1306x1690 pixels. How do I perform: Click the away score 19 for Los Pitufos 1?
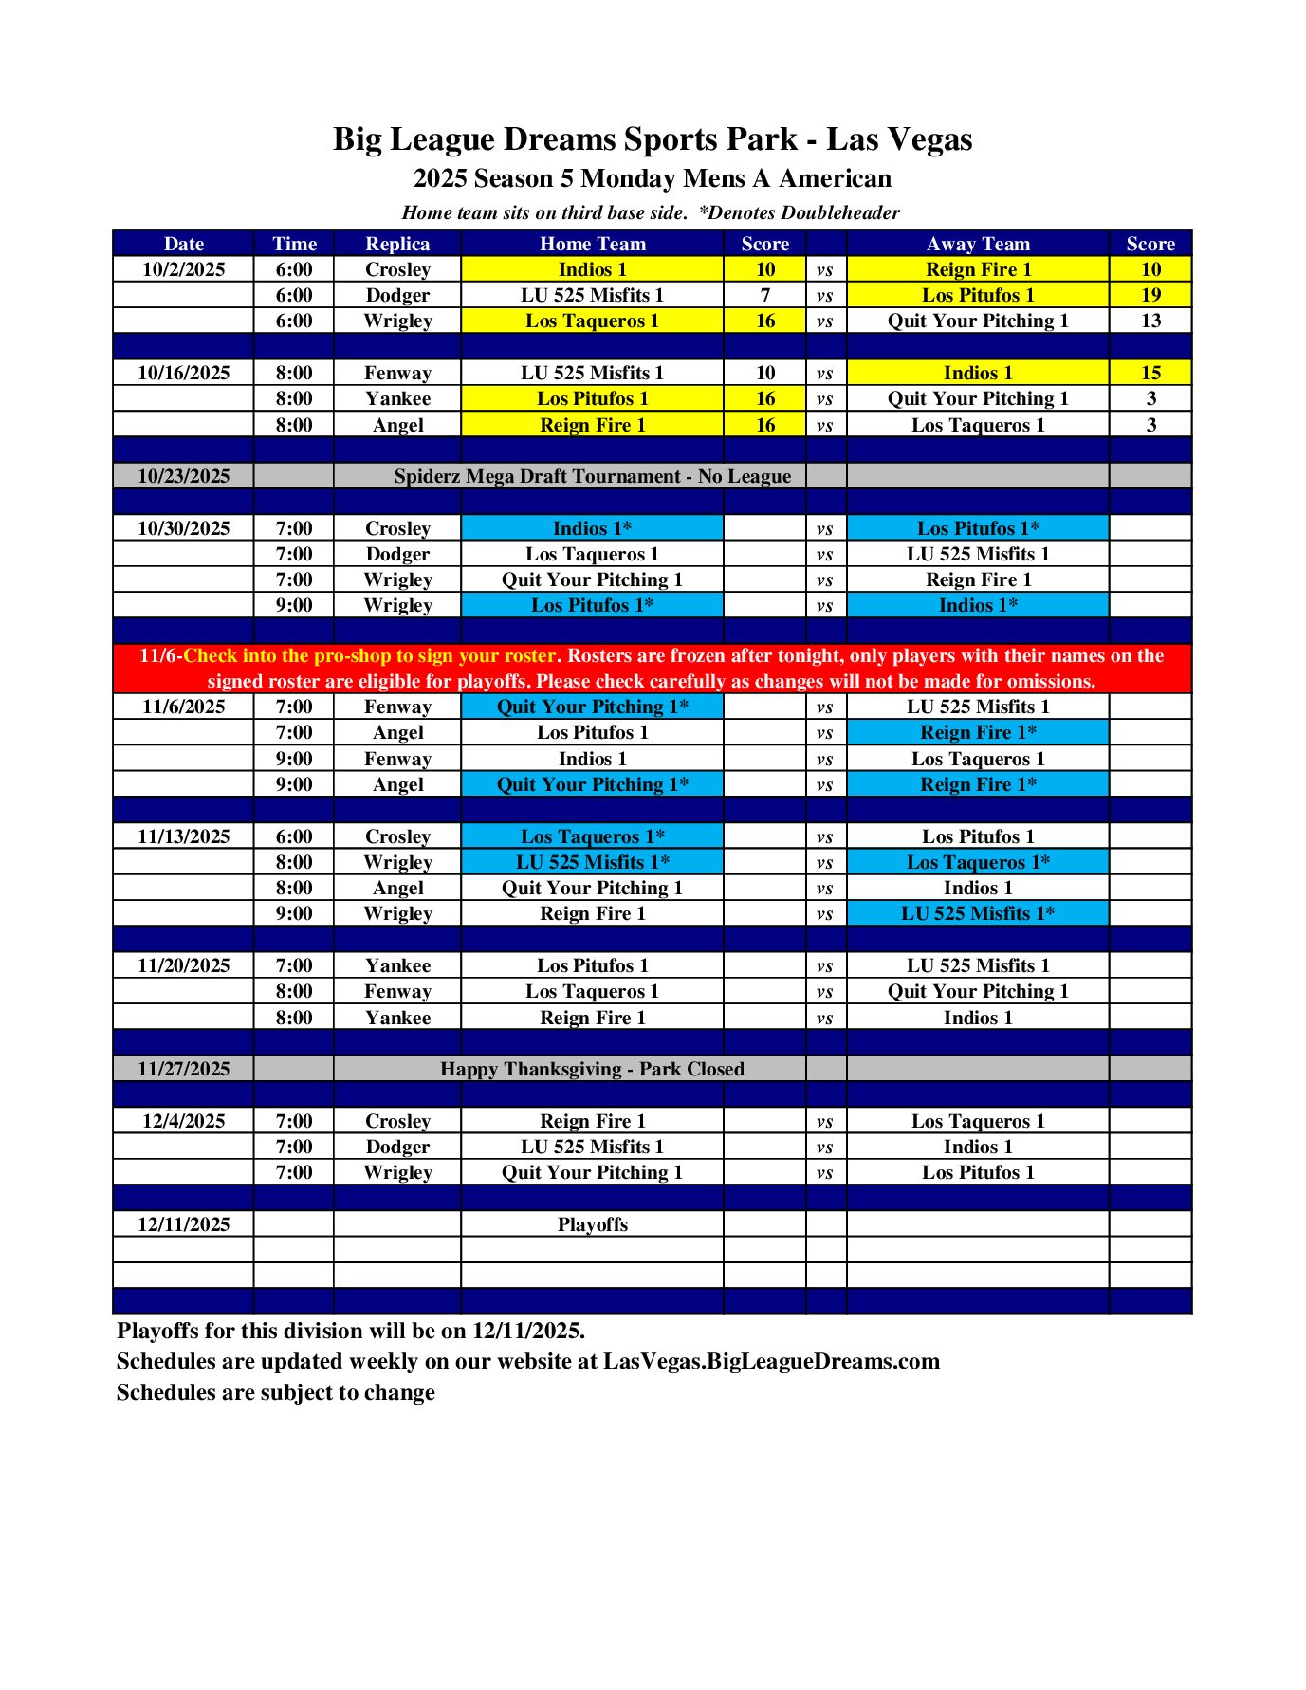pos(1150,295)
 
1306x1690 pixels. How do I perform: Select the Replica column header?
pos(397,244)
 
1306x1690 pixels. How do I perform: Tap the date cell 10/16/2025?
pos(183,373)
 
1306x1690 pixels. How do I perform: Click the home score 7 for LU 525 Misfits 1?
pos(764,295)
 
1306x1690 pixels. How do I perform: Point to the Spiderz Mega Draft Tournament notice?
pos(592,476)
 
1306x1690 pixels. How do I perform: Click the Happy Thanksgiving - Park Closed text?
pos(592,1069)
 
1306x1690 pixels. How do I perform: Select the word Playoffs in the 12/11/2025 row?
pos(592,1224)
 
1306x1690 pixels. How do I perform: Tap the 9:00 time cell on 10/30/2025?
pos(294,605)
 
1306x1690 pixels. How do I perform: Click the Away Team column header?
pos(977,244)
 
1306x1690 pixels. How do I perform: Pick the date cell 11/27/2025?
pos(183,1069)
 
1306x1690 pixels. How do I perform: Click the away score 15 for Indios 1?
pos(1150,373)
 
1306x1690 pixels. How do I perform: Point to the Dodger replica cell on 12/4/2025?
pos(397,1147)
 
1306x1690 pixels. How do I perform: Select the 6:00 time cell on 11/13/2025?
pos(294,836)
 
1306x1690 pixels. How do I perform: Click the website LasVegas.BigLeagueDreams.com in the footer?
pos(771,1361)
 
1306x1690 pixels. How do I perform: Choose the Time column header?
pos(294,244)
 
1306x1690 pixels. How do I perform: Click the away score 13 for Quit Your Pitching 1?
pos(1150,321)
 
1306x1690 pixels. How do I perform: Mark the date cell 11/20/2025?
pos(183,965)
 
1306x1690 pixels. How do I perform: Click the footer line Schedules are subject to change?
pos(275,1392)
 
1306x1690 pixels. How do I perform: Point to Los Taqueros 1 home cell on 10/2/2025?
pos(592,321)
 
